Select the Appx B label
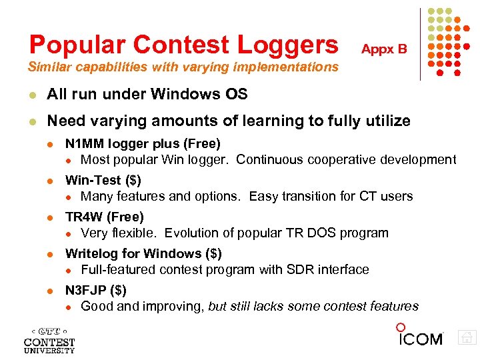pyautogui.click(x=384, y=49)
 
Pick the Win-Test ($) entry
pyautogui.click(x=103, y=180)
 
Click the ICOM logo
pyautogui.click(x=419, y=336)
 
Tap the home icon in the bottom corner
pyautogui.click(x=467, y=339)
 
